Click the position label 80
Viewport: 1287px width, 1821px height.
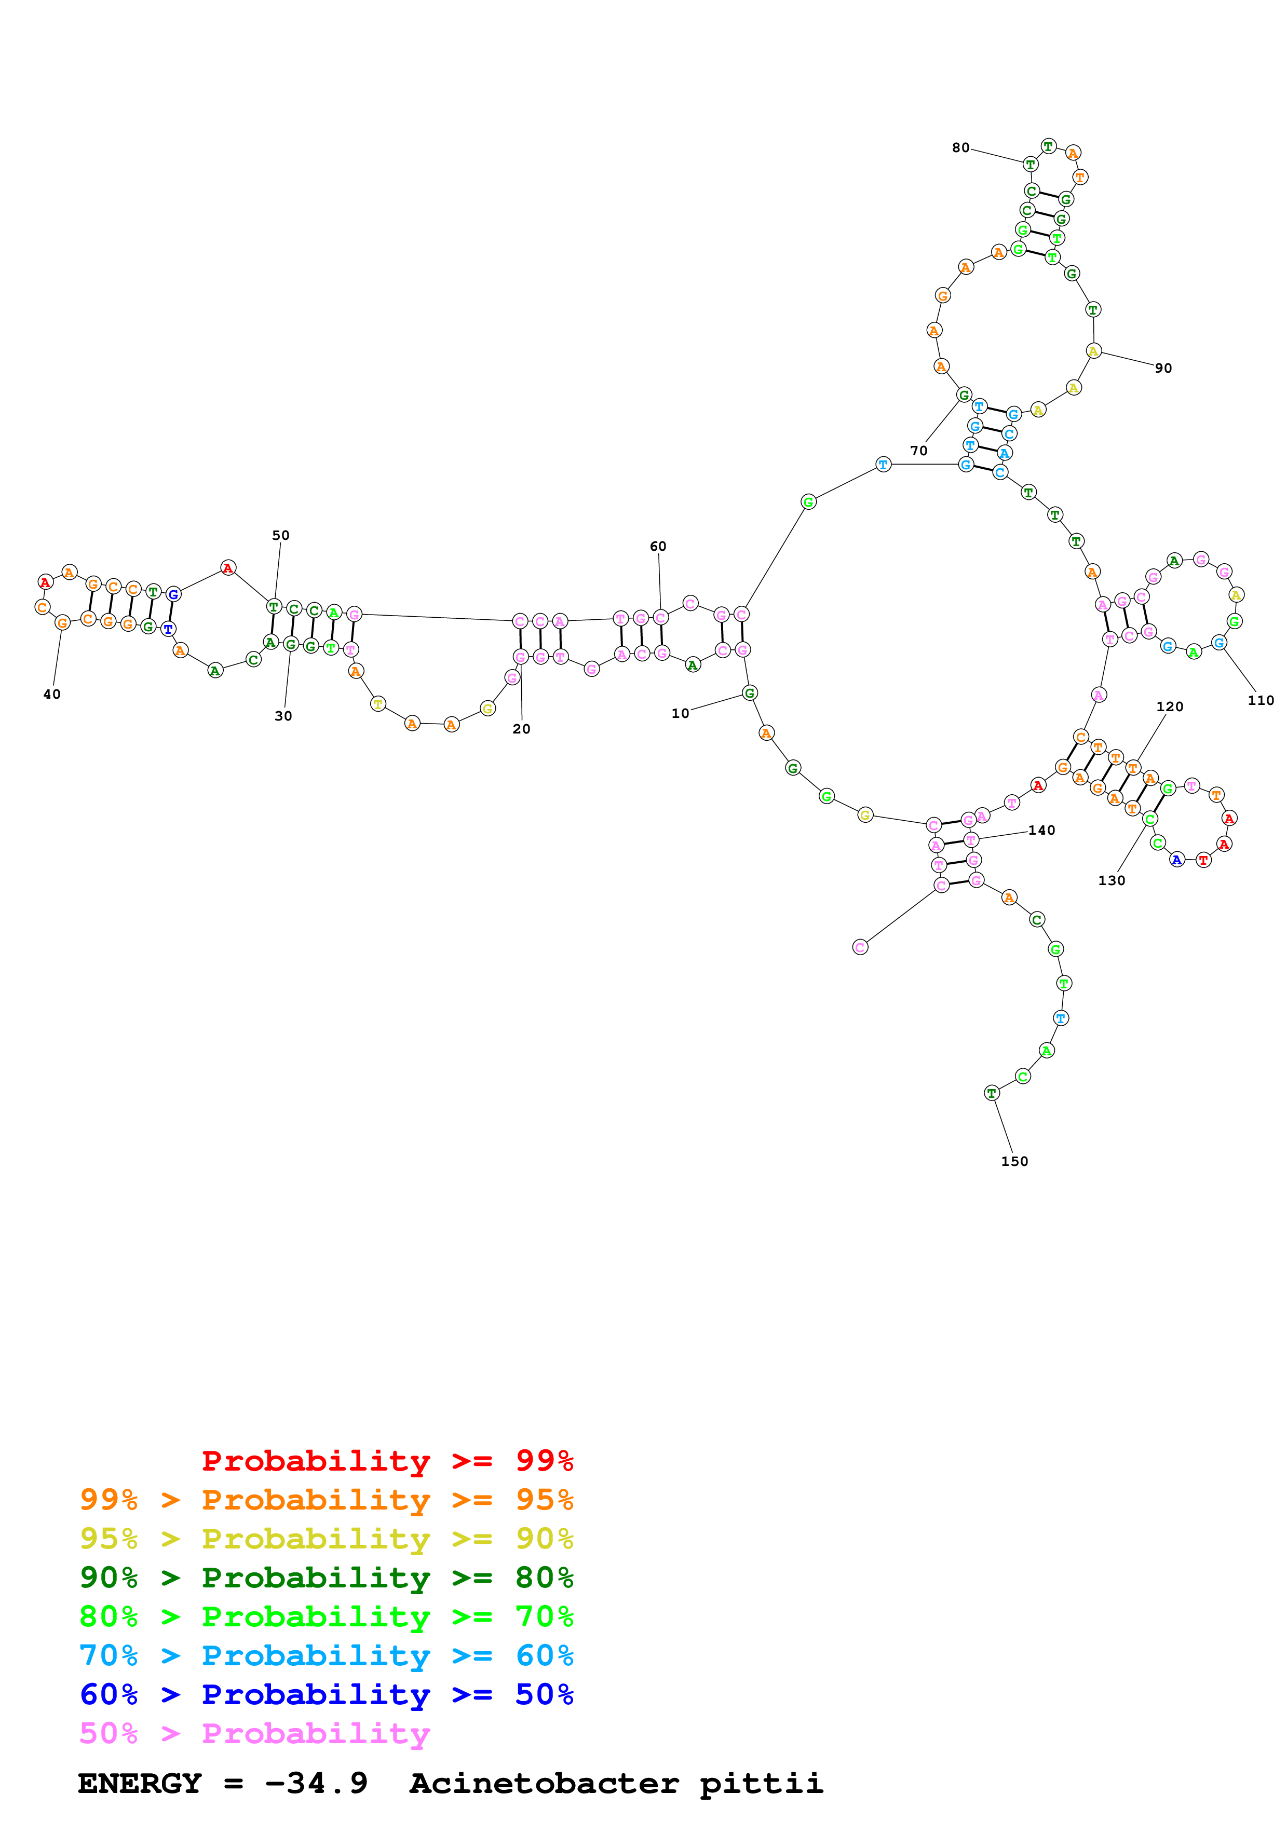point(960,147)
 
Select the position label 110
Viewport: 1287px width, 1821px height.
point(1260,700)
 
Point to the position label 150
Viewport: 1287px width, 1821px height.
point(1014,1161)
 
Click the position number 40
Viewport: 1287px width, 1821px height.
point(51,694)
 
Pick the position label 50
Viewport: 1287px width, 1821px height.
point(281,535)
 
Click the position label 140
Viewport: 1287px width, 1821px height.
point(1041,831)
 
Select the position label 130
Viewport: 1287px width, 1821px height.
point(1111,880)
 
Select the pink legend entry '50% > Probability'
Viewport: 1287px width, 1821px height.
point(254,1733)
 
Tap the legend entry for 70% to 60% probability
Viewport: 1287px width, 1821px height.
point(326,1655)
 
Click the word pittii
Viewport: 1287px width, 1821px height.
point(761,1783)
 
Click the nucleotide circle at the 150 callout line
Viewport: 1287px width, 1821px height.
point(991,1093)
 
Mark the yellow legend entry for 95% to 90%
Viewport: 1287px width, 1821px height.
point(326,1539)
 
